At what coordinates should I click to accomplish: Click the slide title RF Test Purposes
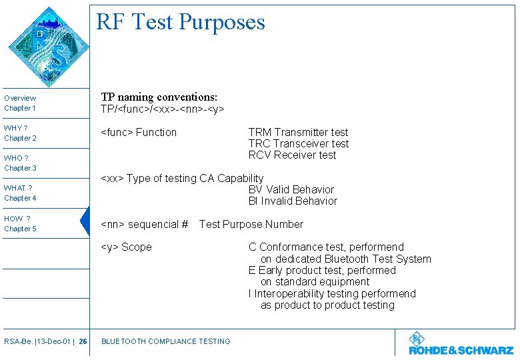[x=181, y=22]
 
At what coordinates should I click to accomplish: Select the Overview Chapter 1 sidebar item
[x=21, y=103]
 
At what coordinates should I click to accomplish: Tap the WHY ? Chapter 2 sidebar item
[x=21, y=133]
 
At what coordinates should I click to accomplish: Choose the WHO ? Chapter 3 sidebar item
[x=21, y=163]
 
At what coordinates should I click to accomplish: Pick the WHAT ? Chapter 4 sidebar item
[x=21, y=193]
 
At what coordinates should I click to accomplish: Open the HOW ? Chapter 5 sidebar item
[x=21, y=223]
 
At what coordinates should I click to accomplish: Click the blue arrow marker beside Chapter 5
[x=84, y=222]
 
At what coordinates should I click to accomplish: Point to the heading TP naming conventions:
[x=159, y=97]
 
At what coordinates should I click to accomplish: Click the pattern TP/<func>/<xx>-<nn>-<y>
[x=162, y=109]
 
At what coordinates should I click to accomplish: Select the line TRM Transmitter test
[x=298, y=133]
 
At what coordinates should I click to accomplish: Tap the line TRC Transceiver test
[x=298, y=144]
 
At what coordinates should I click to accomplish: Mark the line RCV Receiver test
[x=292, y=155]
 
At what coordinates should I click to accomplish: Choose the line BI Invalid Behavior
[x=293, y=201]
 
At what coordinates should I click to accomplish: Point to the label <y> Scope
[x=126, y=247]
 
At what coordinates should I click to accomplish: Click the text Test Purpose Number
[x=251, y=225]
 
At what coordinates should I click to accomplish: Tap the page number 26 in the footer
[x=83, y=341]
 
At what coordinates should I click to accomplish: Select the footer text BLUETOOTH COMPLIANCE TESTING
[x=165, y=341]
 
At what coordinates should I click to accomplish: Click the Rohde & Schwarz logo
[x=461, y=344]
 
